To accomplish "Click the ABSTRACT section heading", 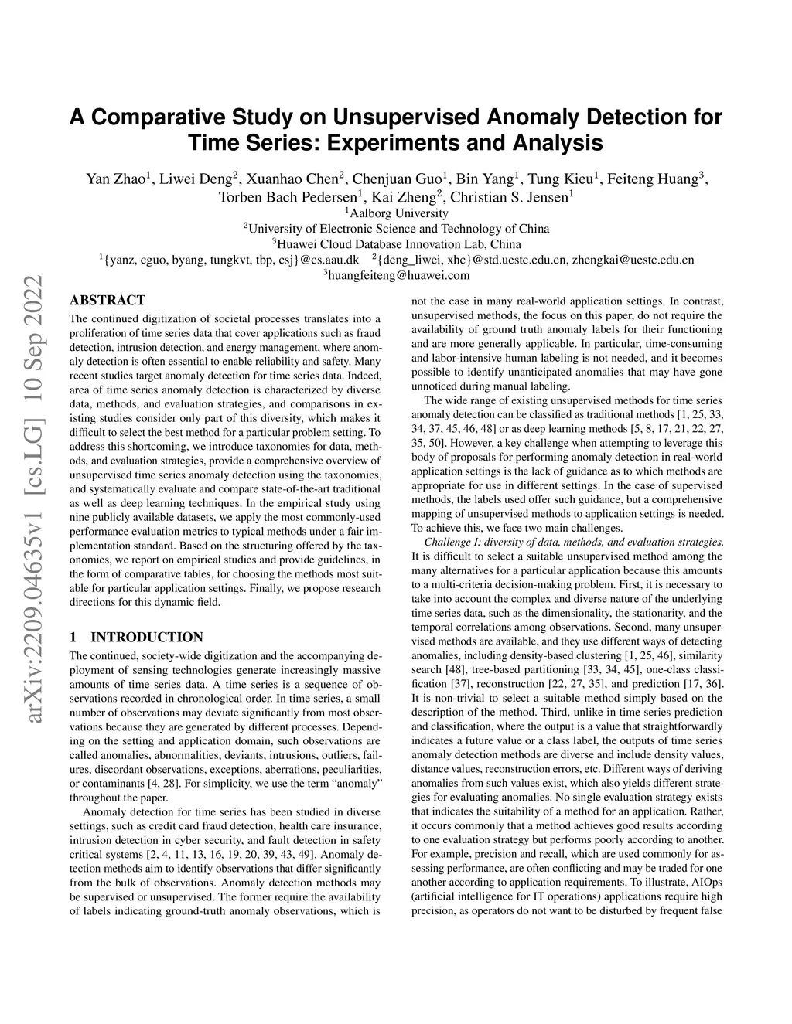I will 108,301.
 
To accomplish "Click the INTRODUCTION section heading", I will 147,638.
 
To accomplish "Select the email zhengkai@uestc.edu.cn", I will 633,260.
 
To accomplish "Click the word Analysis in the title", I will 556,143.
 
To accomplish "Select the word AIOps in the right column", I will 705,882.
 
